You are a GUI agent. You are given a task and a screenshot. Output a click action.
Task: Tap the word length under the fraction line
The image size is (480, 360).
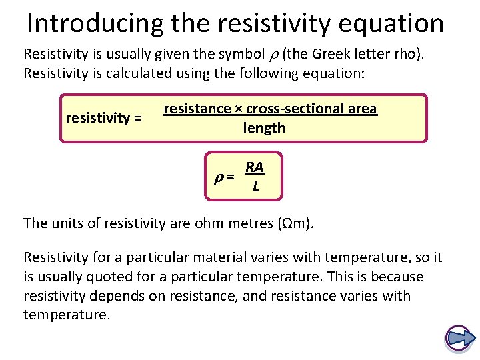pyautogui.click(x=264, y=128)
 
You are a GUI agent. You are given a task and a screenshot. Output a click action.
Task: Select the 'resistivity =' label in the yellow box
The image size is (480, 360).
pyautogui.click(x=103, y=119)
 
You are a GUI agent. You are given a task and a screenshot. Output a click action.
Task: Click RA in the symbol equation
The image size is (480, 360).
pyautogui.click(x=254, y=167)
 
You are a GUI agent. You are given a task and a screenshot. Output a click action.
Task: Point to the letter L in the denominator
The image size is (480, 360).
pyautogui.click(x=255, y=188)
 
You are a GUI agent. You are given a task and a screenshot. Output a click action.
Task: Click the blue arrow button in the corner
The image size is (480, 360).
pyautogui.click(x=459, y=338)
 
